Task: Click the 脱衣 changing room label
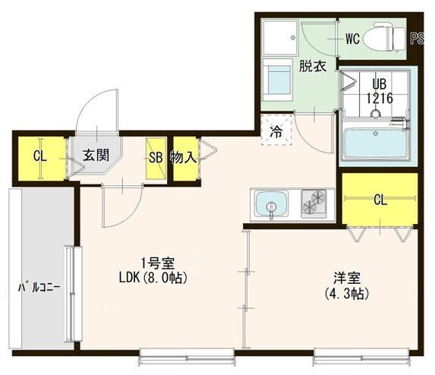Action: click(312, 67)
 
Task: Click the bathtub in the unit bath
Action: click(377, 143)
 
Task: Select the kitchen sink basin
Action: click(271, 204)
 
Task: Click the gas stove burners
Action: click(314, 203)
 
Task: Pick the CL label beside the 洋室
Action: click(380, 200)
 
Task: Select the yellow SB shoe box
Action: click(155, 158)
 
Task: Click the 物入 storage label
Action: click(184, 158)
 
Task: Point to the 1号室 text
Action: click(158, 263)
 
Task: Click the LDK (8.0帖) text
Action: click(158, 278)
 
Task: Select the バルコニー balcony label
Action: click(39, 288)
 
